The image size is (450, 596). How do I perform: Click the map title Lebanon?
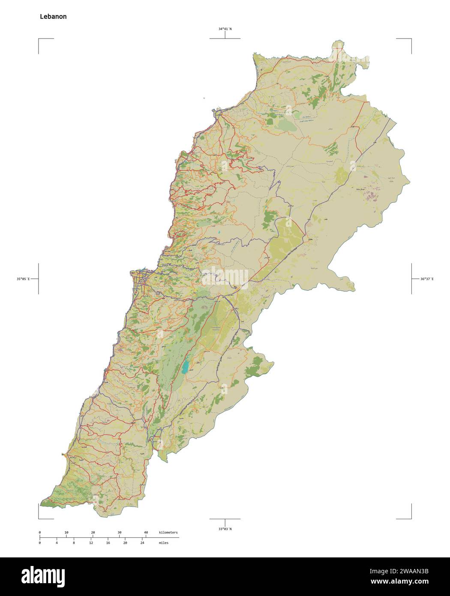coord(53,17)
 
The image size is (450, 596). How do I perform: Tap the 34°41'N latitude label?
coord(225,29)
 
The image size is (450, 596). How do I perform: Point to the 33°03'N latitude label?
coord(225,529)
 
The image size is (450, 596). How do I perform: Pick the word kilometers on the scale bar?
coord(168,532)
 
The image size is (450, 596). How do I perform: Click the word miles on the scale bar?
coord(163,543)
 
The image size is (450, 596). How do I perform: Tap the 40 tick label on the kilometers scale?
coord(146,532)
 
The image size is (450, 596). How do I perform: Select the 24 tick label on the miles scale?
coord(142,543)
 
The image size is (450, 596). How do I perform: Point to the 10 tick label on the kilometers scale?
coord(66,532)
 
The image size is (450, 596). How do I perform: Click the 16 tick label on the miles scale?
coord(108,543)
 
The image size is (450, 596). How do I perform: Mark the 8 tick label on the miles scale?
coord(74,543)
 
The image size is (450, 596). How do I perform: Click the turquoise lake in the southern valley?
coord(186,367)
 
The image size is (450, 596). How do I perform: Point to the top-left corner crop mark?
coord(39,39)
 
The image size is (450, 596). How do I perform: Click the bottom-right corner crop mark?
coord(411,518)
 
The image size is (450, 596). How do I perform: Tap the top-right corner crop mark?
coord(411,39)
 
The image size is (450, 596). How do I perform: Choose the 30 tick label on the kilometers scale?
coord(119,532)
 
